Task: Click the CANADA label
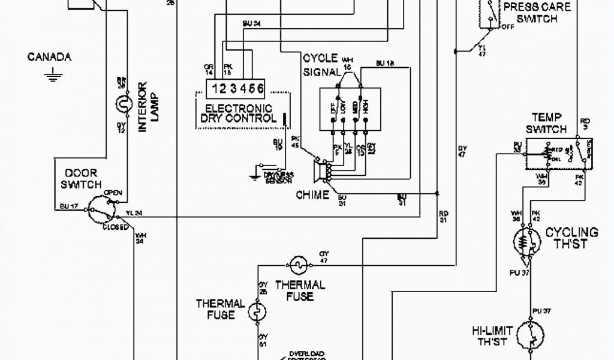tap(50, 57)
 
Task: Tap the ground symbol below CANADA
tap(51, 74)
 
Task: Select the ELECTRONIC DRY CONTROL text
tap(239, 113)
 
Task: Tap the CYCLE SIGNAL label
tap(320, 65)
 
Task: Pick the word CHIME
tap(312, 194)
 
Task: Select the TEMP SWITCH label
tap(546, 124)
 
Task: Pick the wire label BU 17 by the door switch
tap(69, 206)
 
